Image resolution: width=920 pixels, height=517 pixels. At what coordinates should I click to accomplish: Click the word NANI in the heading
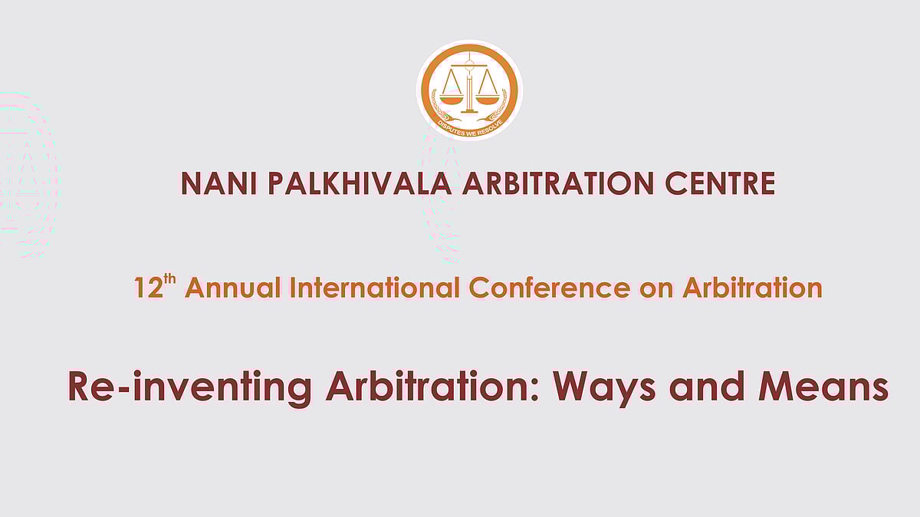tap(219, 183)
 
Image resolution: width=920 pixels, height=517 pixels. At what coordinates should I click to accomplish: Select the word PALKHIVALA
tap(360, 183)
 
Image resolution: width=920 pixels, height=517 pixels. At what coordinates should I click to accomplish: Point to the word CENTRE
tap(720, 183)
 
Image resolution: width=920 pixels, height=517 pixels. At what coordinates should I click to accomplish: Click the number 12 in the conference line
tap(149, 288)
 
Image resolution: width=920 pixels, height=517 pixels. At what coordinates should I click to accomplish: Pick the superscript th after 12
tap(169, 279)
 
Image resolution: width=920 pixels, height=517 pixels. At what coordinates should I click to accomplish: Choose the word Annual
tap(233, 288)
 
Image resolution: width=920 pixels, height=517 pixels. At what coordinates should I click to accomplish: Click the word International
tap(375, 288)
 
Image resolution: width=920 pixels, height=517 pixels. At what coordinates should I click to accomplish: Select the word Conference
tap(550, 288)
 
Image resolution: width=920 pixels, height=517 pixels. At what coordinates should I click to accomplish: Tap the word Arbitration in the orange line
tap(752, 288)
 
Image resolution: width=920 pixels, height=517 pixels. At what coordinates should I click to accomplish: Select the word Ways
tap(604, 388)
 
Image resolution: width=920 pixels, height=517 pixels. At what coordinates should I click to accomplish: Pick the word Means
tap(823, 387)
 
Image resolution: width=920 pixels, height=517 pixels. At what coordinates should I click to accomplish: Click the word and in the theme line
tap(707, 387)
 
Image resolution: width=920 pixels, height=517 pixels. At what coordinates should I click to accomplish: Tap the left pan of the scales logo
tap(452, 99)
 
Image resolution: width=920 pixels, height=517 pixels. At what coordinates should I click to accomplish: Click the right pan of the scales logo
tap(488, 99)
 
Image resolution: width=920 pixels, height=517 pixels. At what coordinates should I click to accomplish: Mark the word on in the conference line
tap(656, 290)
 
